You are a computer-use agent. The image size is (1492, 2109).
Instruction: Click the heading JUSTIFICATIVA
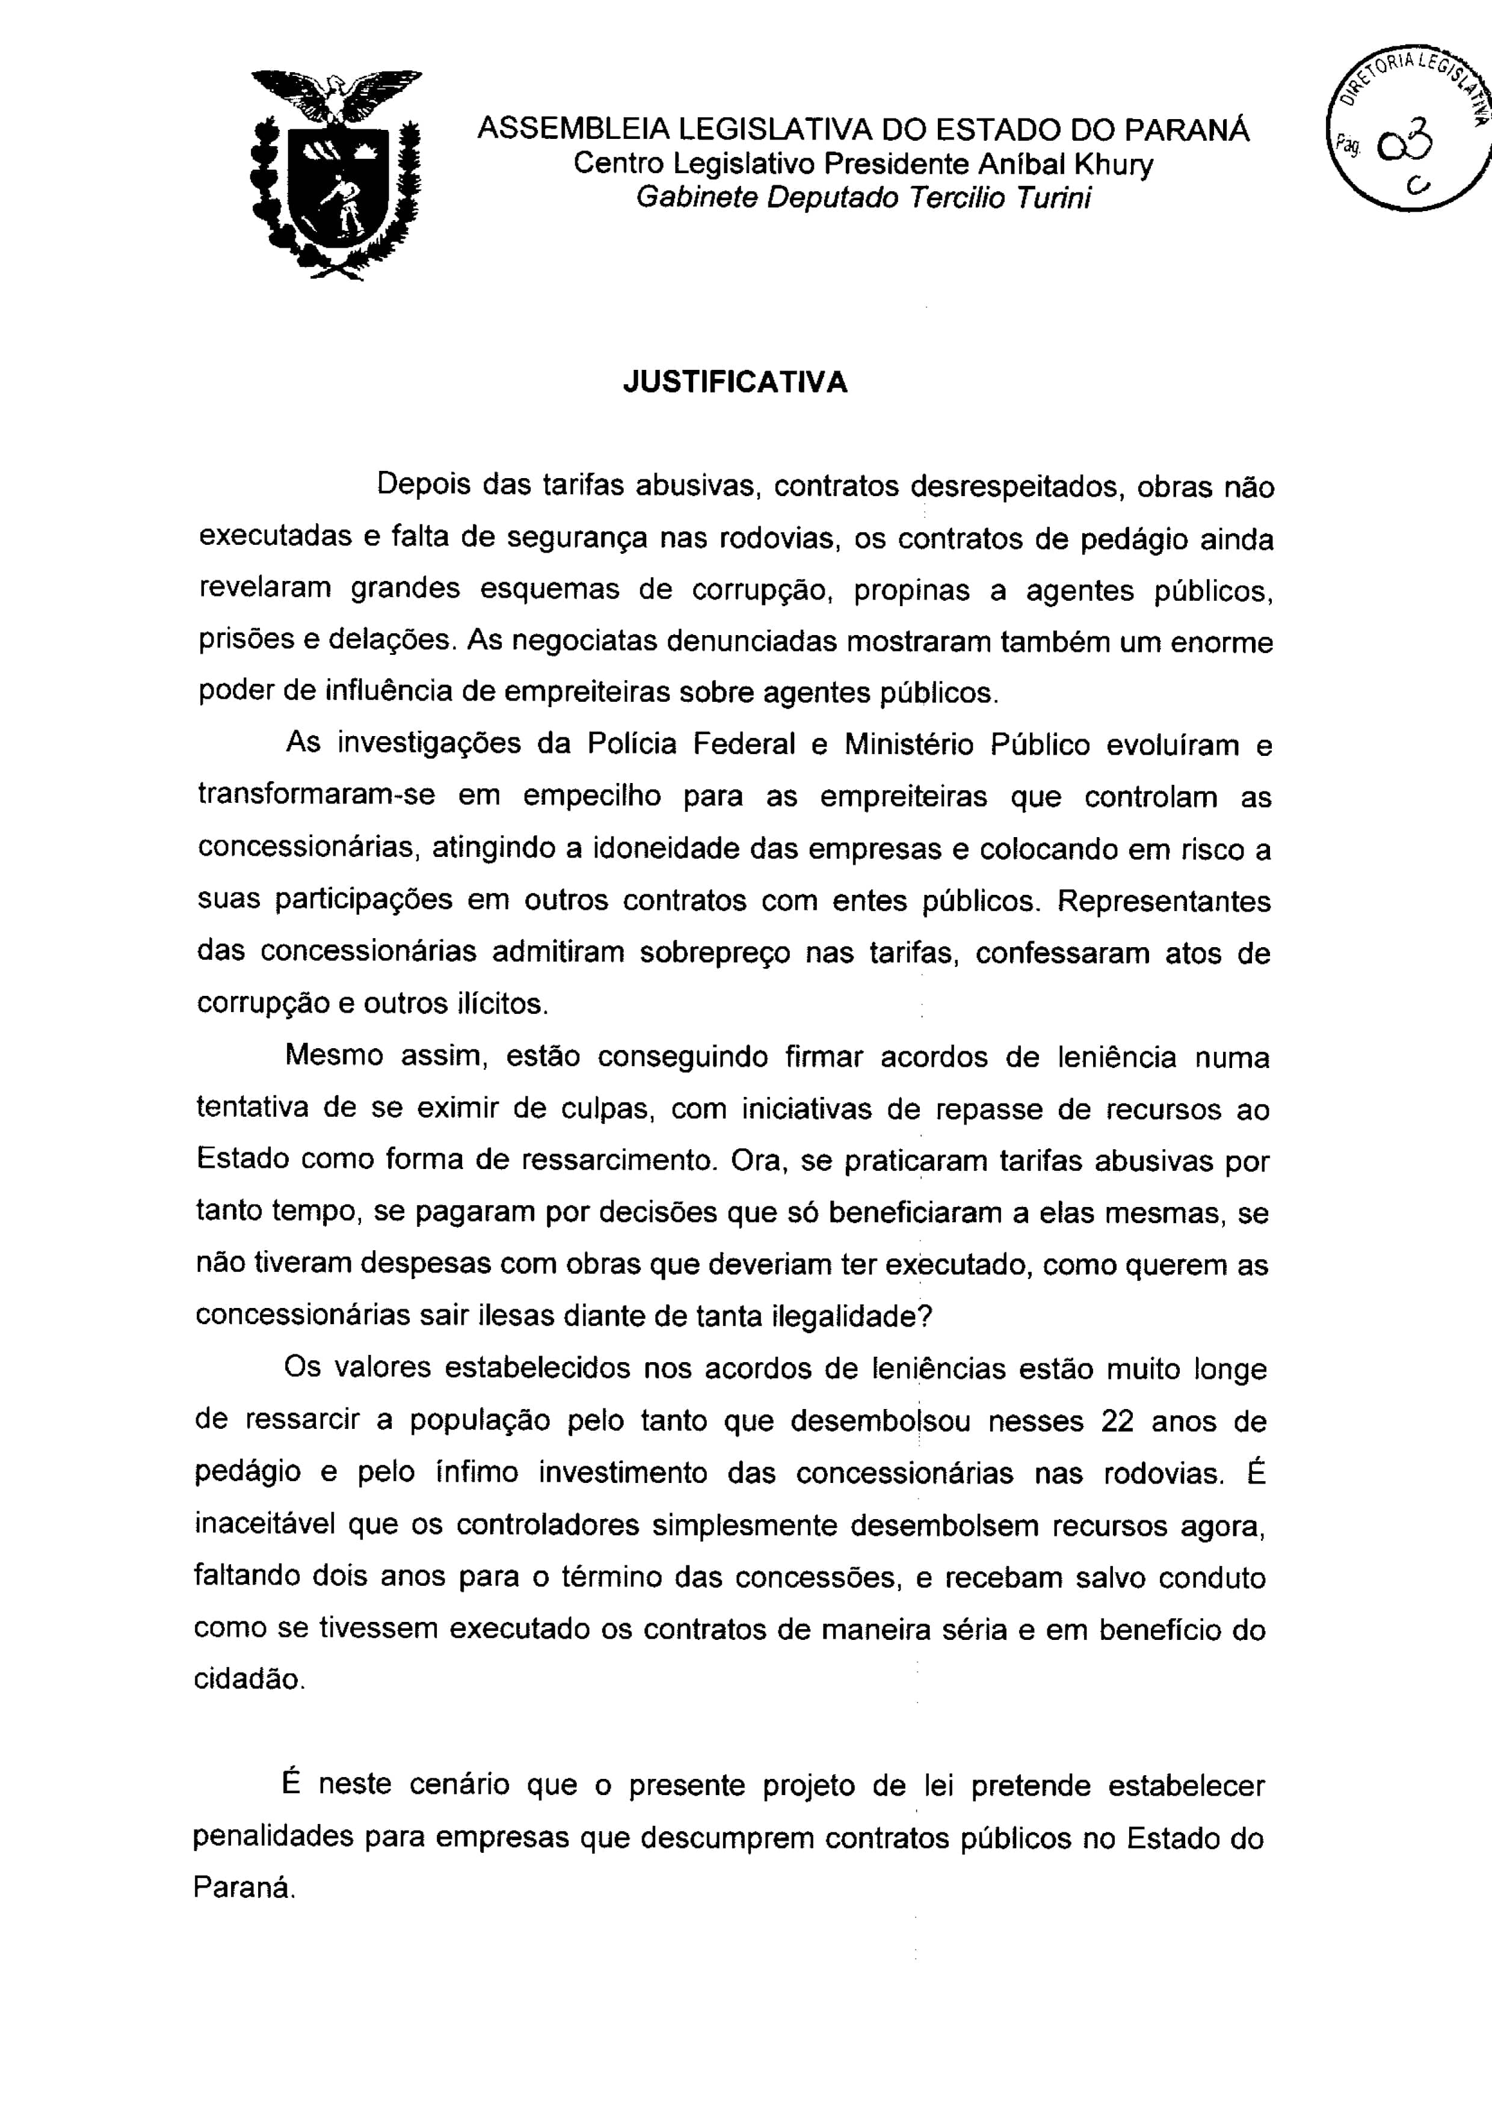735,382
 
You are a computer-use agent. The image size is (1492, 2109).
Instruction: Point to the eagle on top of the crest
337,93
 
